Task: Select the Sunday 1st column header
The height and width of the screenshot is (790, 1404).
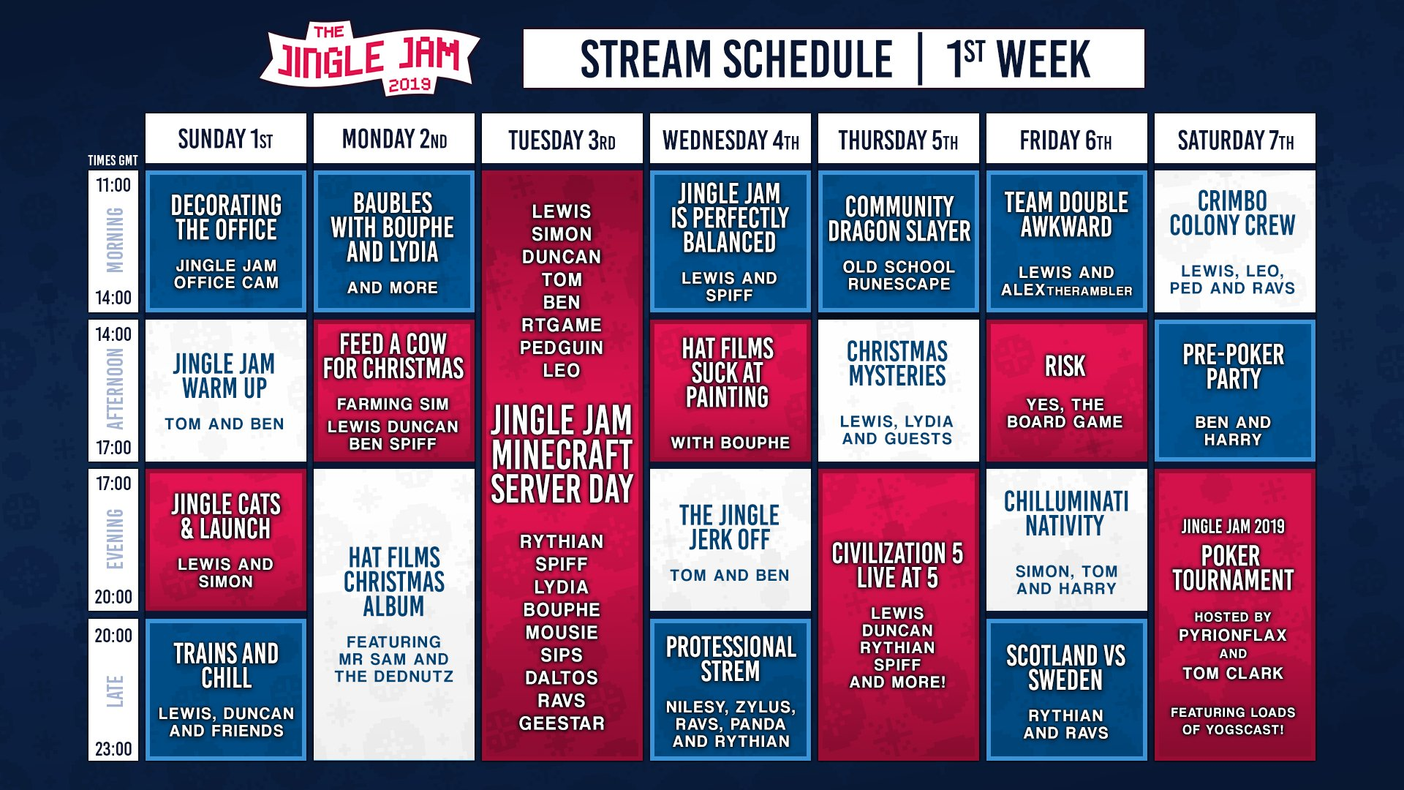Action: click(225, 138)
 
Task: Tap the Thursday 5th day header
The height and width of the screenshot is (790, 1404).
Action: click(898, 138)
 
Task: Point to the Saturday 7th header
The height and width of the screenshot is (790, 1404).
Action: click(1234, 138)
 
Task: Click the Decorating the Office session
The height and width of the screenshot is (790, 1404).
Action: click(225, 241)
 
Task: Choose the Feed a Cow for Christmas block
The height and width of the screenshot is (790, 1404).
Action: click(393, 391)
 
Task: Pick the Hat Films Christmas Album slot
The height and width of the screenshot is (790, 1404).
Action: click(393, 614)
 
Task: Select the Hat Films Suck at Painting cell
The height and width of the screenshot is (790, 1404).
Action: click(730, 391)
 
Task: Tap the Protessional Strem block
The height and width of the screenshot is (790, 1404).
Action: click(730, 690)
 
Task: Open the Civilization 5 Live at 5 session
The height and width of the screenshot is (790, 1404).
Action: click(898, 614)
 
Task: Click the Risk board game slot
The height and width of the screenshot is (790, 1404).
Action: click(1066, 391)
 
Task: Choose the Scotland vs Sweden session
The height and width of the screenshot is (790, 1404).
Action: click(1066, 690)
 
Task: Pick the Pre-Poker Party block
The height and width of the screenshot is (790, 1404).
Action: click(1234, 391)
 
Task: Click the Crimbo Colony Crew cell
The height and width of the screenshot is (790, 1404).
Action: click(1234, 241)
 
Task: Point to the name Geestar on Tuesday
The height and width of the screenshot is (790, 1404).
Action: click(562, 723)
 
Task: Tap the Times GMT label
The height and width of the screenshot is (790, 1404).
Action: click(113, 160)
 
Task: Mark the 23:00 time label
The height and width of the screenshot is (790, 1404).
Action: click(113, 748)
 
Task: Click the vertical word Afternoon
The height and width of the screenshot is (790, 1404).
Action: click(115, 389)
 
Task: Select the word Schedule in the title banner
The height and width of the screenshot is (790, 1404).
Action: click(801, 59)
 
